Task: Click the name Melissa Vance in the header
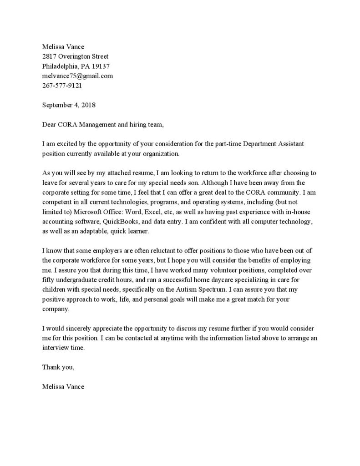pyautogui.click(x=63, y=46)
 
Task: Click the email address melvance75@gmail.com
pyautogui.click(x=77, y=76)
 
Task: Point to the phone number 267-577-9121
pyautogui.click(x=62, y=85)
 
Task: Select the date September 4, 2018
pyautogui.click(x=69, y=105)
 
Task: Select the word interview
pyautogui.click(x=55, y=347)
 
